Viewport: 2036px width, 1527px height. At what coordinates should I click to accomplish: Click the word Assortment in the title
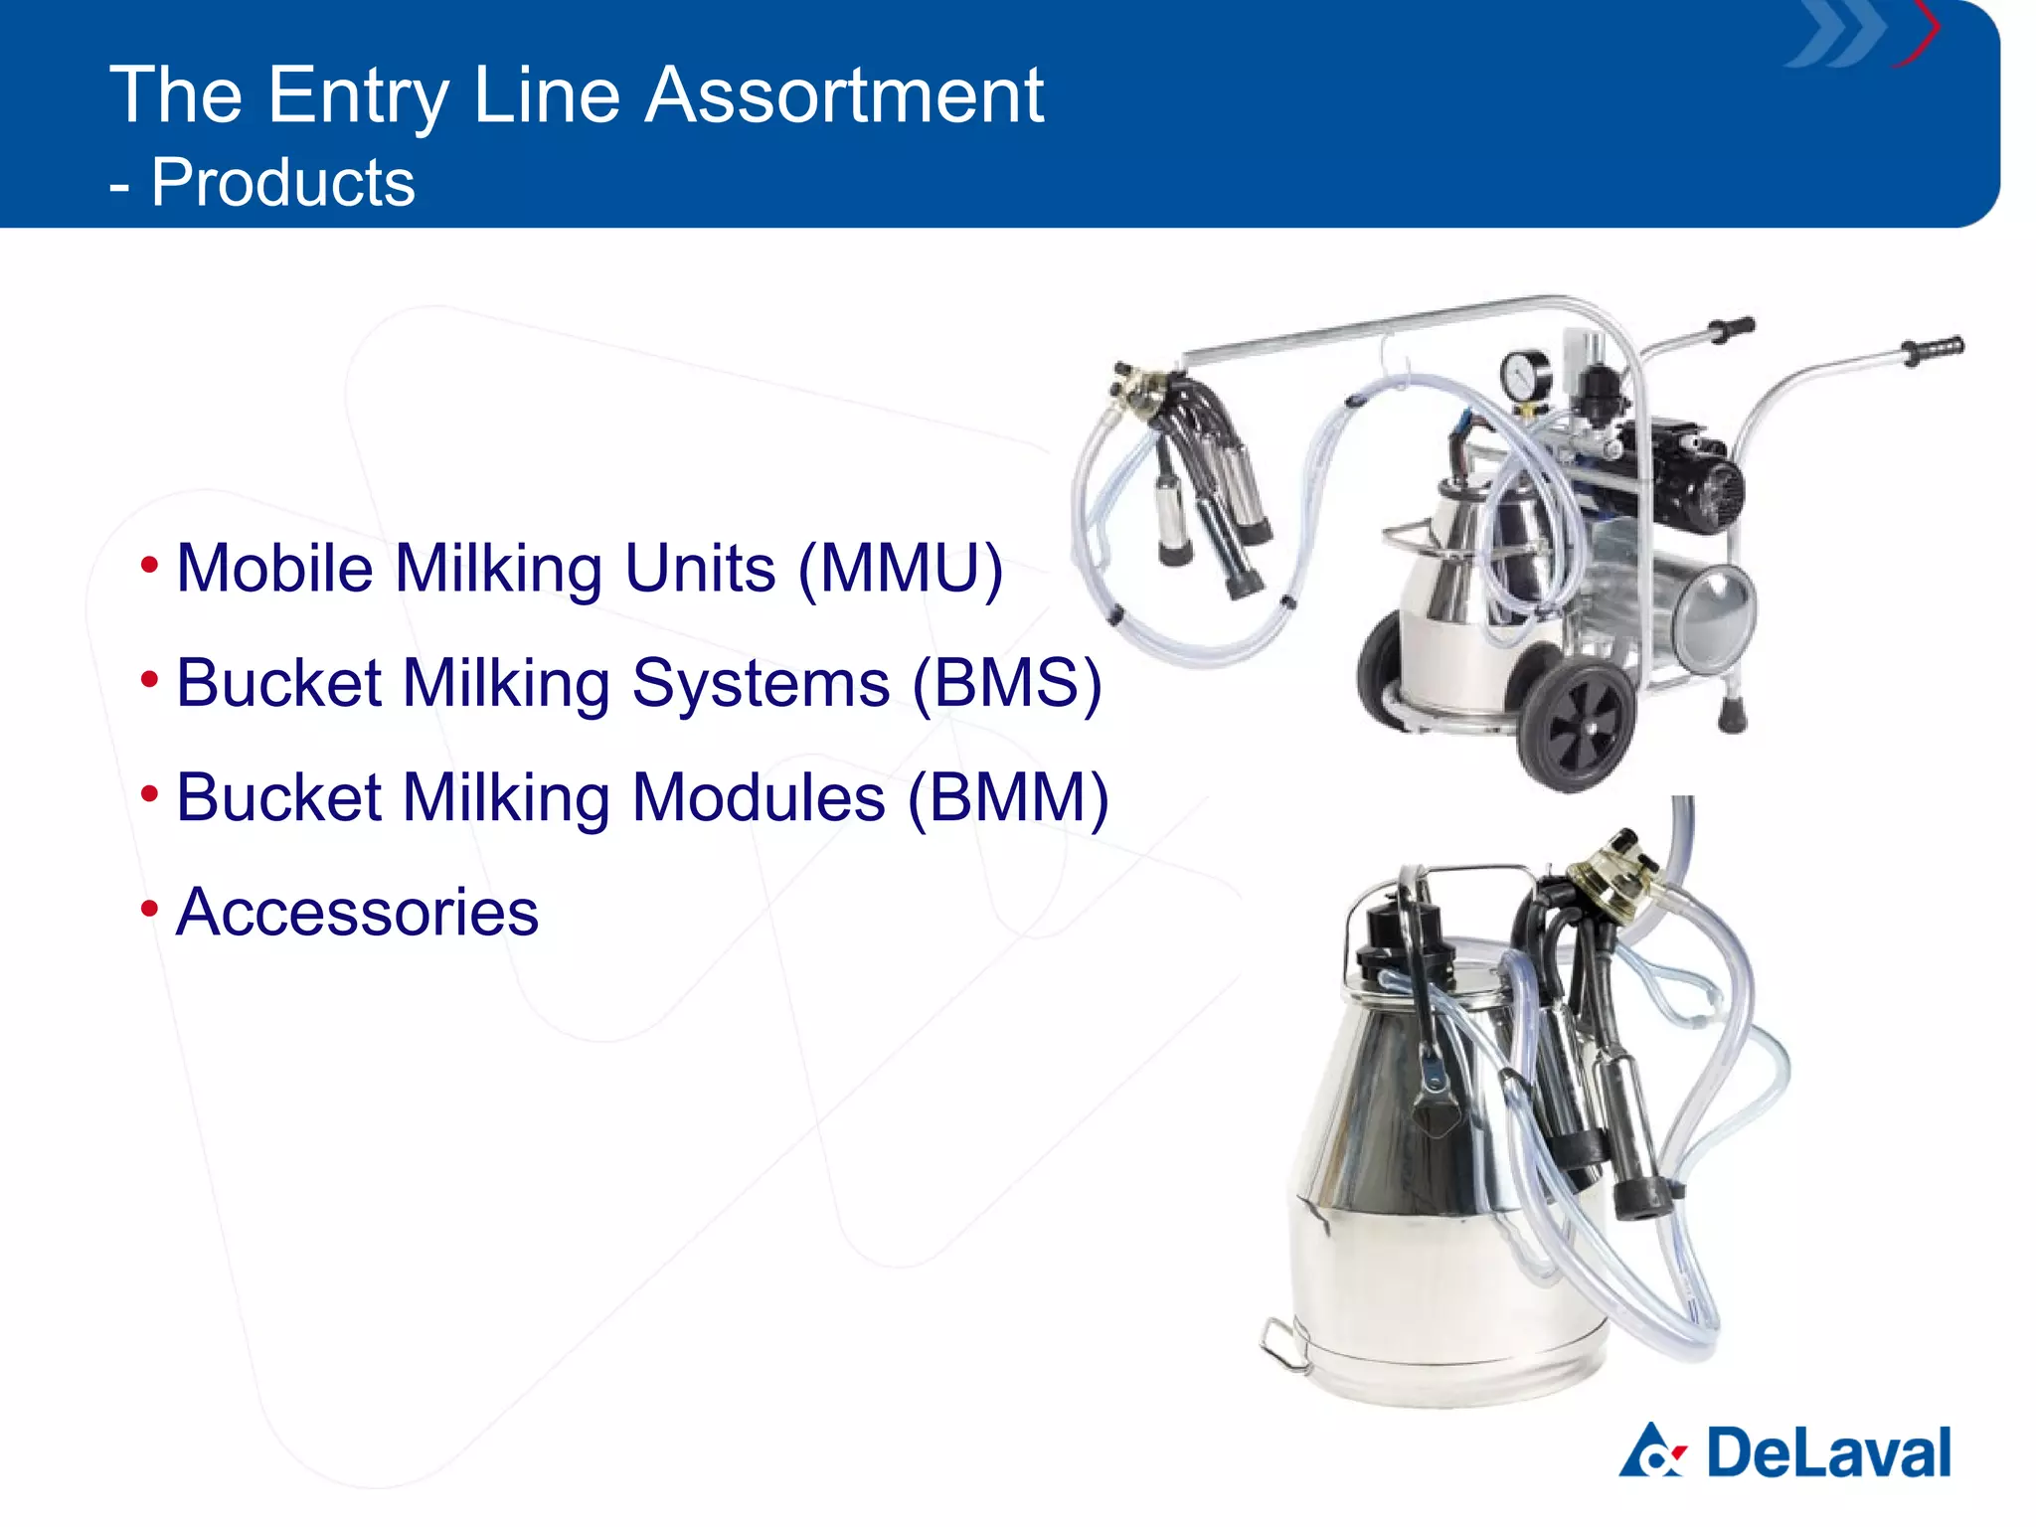coord(844,96)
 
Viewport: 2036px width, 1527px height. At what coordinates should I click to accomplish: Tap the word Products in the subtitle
coord(282,183)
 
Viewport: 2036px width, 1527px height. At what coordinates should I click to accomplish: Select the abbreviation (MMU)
coord(901,569)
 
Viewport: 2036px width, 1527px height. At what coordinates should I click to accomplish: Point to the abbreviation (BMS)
coord(1007,684)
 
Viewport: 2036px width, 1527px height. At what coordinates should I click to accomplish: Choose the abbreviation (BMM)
coord(1008,798)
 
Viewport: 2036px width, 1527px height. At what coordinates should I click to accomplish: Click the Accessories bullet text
coord(357,913)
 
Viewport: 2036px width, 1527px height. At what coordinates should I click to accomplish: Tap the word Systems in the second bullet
coord(761,684)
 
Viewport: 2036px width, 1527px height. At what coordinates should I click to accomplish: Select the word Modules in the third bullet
coord(758,798)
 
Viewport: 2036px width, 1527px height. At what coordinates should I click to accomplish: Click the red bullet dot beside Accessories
coord(149,908)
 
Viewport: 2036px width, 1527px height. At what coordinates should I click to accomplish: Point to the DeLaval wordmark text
coord(1828,1453)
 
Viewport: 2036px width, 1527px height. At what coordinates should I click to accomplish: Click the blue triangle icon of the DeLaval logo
coord(1651,1451)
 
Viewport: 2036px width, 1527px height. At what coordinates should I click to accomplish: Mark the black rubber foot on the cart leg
coord(1732,715)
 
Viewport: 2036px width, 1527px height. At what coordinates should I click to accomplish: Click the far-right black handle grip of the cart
coord(1934,349)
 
